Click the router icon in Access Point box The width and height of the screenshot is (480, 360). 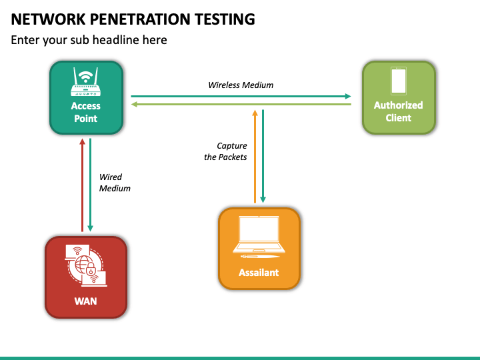pos(86,82)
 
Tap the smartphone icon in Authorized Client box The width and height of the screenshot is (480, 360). pos(399,81)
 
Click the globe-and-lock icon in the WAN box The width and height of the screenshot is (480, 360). pos(86,265)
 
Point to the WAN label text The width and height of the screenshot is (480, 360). pos(86,301)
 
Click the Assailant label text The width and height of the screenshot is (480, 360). pos(259,273)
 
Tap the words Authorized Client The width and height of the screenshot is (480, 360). pos(398,111)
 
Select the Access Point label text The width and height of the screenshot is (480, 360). pos(86,112)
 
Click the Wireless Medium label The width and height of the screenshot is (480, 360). pos(241,85)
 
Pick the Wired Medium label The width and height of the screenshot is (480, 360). pos(115,183)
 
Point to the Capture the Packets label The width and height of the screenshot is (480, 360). pos(225,151)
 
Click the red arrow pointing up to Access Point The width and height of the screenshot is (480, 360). pos(82,185)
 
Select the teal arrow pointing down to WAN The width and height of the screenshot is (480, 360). pos(90,185)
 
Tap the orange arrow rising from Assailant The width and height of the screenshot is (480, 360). pos(255,157)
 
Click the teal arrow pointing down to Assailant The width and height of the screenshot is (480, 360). pos(263,156)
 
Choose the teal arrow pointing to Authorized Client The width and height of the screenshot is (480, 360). pos(241,96)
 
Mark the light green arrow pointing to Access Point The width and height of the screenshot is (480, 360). pos(241,105)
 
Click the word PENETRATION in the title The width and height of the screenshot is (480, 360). pos(140,19)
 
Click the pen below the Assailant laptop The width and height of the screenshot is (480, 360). pos(260,256)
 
